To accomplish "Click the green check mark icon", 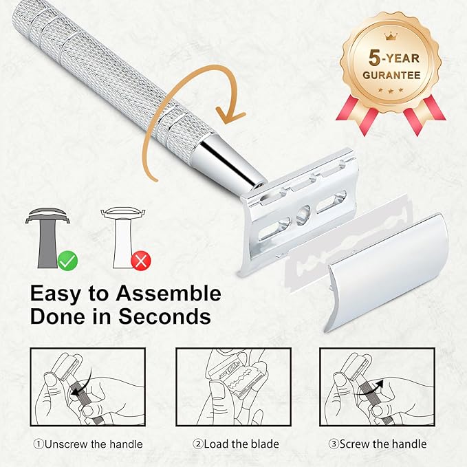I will tap(67, 259).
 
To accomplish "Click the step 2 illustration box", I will tap(233, 387).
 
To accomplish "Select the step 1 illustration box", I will tap(87, 387).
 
